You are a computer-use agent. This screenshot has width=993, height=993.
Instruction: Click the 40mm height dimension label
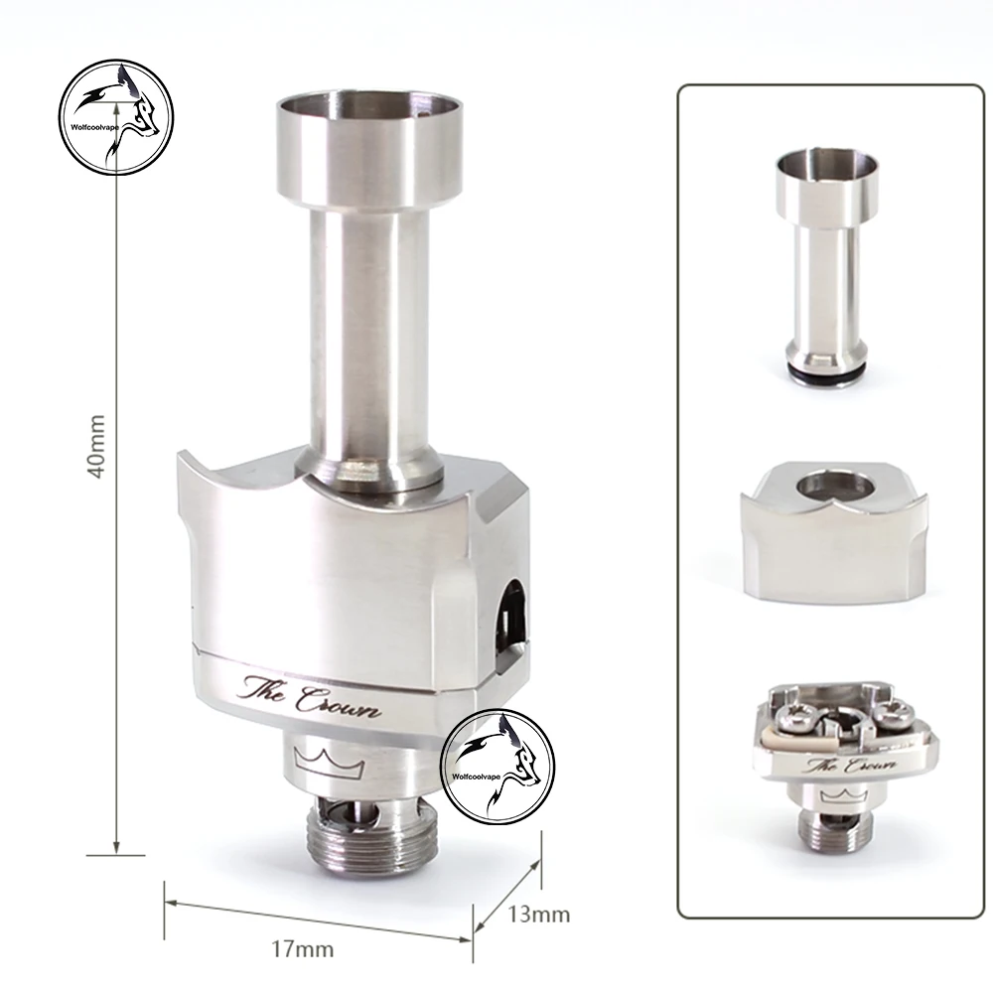pos(95,447)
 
